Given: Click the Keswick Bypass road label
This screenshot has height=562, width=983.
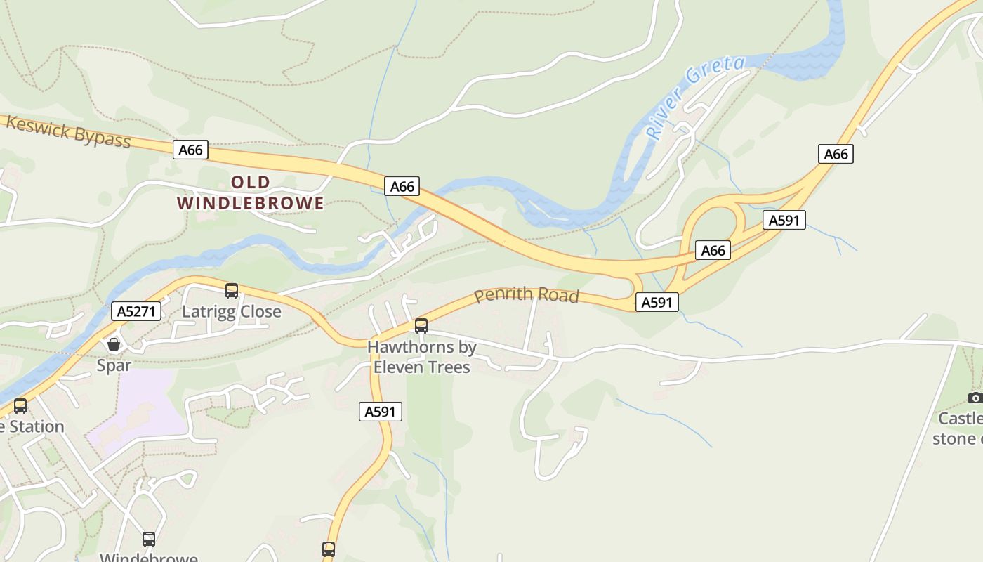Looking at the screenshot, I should click(68, 132).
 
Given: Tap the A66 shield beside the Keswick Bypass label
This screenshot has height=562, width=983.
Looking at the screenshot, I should click(190, 150).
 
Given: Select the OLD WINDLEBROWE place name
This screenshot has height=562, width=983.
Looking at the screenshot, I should click(250, 193).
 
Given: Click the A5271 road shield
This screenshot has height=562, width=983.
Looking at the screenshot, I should click(136, 311).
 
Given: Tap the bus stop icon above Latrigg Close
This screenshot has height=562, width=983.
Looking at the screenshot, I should click(232, 291).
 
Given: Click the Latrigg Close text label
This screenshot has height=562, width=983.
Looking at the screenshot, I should click(232, 311).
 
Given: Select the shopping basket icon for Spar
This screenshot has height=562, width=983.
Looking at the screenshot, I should click(113, 344).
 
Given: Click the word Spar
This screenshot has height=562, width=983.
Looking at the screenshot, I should click(114, 365).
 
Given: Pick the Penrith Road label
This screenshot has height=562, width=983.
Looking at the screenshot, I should click(526, 295).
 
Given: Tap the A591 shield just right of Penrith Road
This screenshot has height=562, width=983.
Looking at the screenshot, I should click(657, 303).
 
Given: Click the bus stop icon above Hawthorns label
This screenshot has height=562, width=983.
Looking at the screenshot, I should click(421, 326).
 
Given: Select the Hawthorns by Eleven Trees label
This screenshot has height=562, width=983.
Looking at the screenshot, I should click(421, 356).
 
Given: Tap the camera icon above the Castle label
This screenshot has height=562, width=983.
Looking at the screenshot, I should click(975, 398).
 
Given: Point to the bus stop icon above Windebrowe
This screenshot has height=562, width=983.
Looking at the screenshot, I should click(149, 540).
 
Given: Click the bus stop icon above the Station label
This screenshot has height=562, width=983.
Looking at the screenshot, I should click(20, 406).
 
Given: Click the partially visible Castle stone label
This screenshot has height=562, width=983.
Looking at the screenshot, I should click(958, 429).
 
